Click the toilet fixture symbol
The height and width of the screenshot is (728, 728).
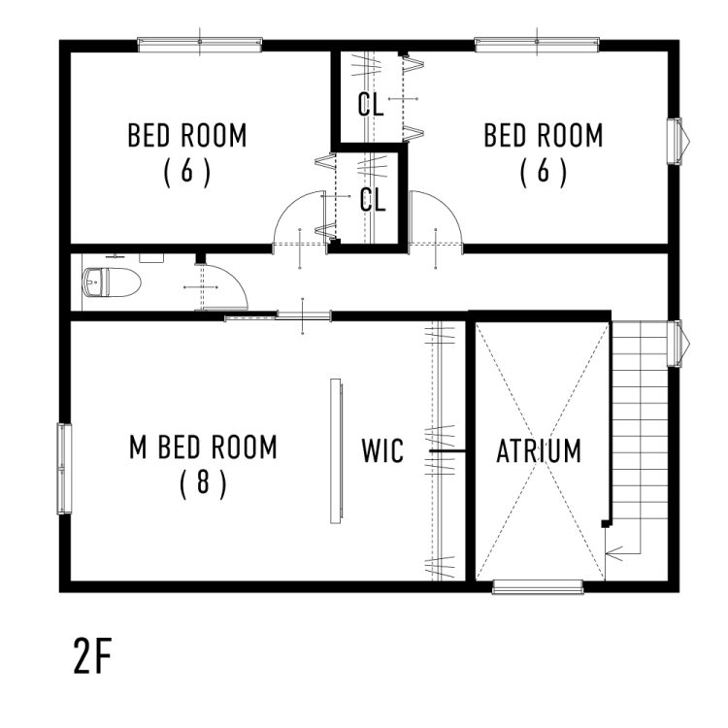pos(113,283)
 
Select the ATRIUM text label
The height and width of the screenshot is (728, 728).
pos(539,451)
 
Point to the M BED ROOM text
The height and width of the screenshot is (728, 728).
pos(203,447)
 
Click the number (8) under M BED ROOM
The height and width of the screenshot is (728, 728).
pos(203,482)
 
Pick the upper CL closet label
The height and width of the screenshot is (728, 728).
pos(370,105)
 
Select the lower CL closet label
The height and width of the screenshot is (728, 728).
pos(373,201)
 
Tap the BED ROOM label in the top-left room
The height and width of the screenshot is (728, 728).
pos(187,136)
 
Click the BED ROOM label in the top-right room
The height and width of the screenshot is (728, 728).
pos(544,136)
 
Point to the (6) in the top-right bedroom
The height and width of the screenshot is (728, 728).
pos(544,172)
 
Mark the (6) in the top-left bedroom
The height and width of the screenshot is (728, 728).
pos(187,172)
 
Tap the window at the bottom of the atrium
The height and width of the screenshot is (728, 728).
pos(537,586)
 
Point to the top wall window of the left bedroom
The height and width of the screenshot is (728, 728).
pos(200,43)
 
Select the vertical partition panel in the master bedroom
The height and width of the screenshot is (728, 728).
pos(336,450)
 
